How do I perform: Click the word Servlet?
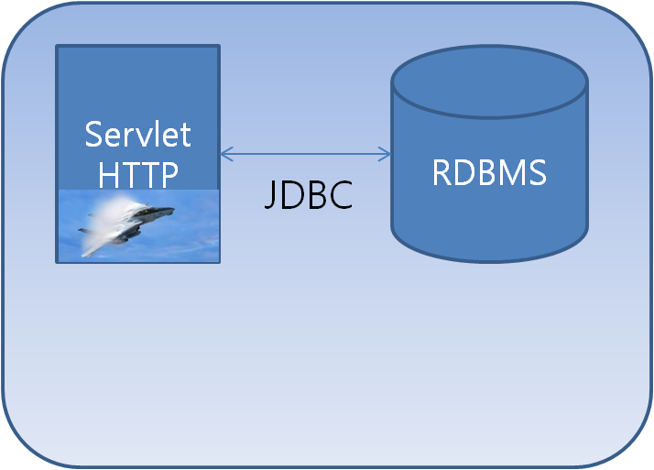[x=137, y=135]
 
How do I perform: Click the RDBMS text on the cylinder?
[x=489, y=172]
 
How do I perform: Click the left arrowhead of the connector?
[x=224, y=153]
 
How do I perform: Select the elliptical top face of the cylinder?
[x=489, y=81]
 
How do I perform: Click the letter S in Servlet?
[x=93, y=136]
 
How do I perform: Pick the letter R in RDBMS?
[x=441, y=172]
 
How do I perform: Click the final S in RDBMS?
[x=537, y=172]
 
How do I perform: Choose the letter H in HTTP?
[x=108, y=173]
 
